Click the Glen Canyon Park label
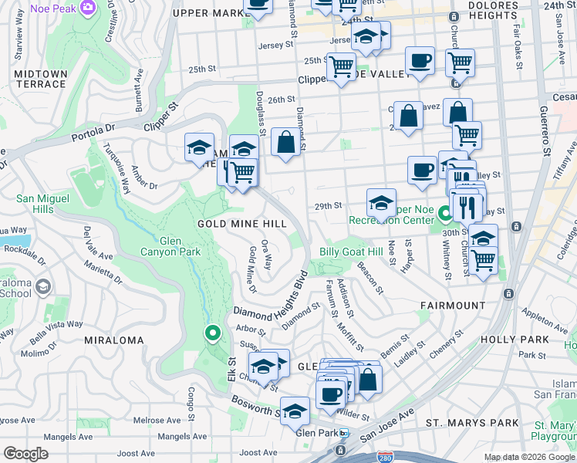tap(170, 245)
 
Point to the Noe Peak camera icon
tap(89, 7)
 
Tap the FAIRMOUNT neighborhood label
tap(453, 306)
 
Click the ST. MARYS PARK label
tap(472, 423)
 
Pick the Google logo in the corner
tap(25, 454)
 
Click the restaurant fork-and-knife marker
tap(466, 207)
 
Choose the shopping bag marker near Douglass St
tap(285, 143)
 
